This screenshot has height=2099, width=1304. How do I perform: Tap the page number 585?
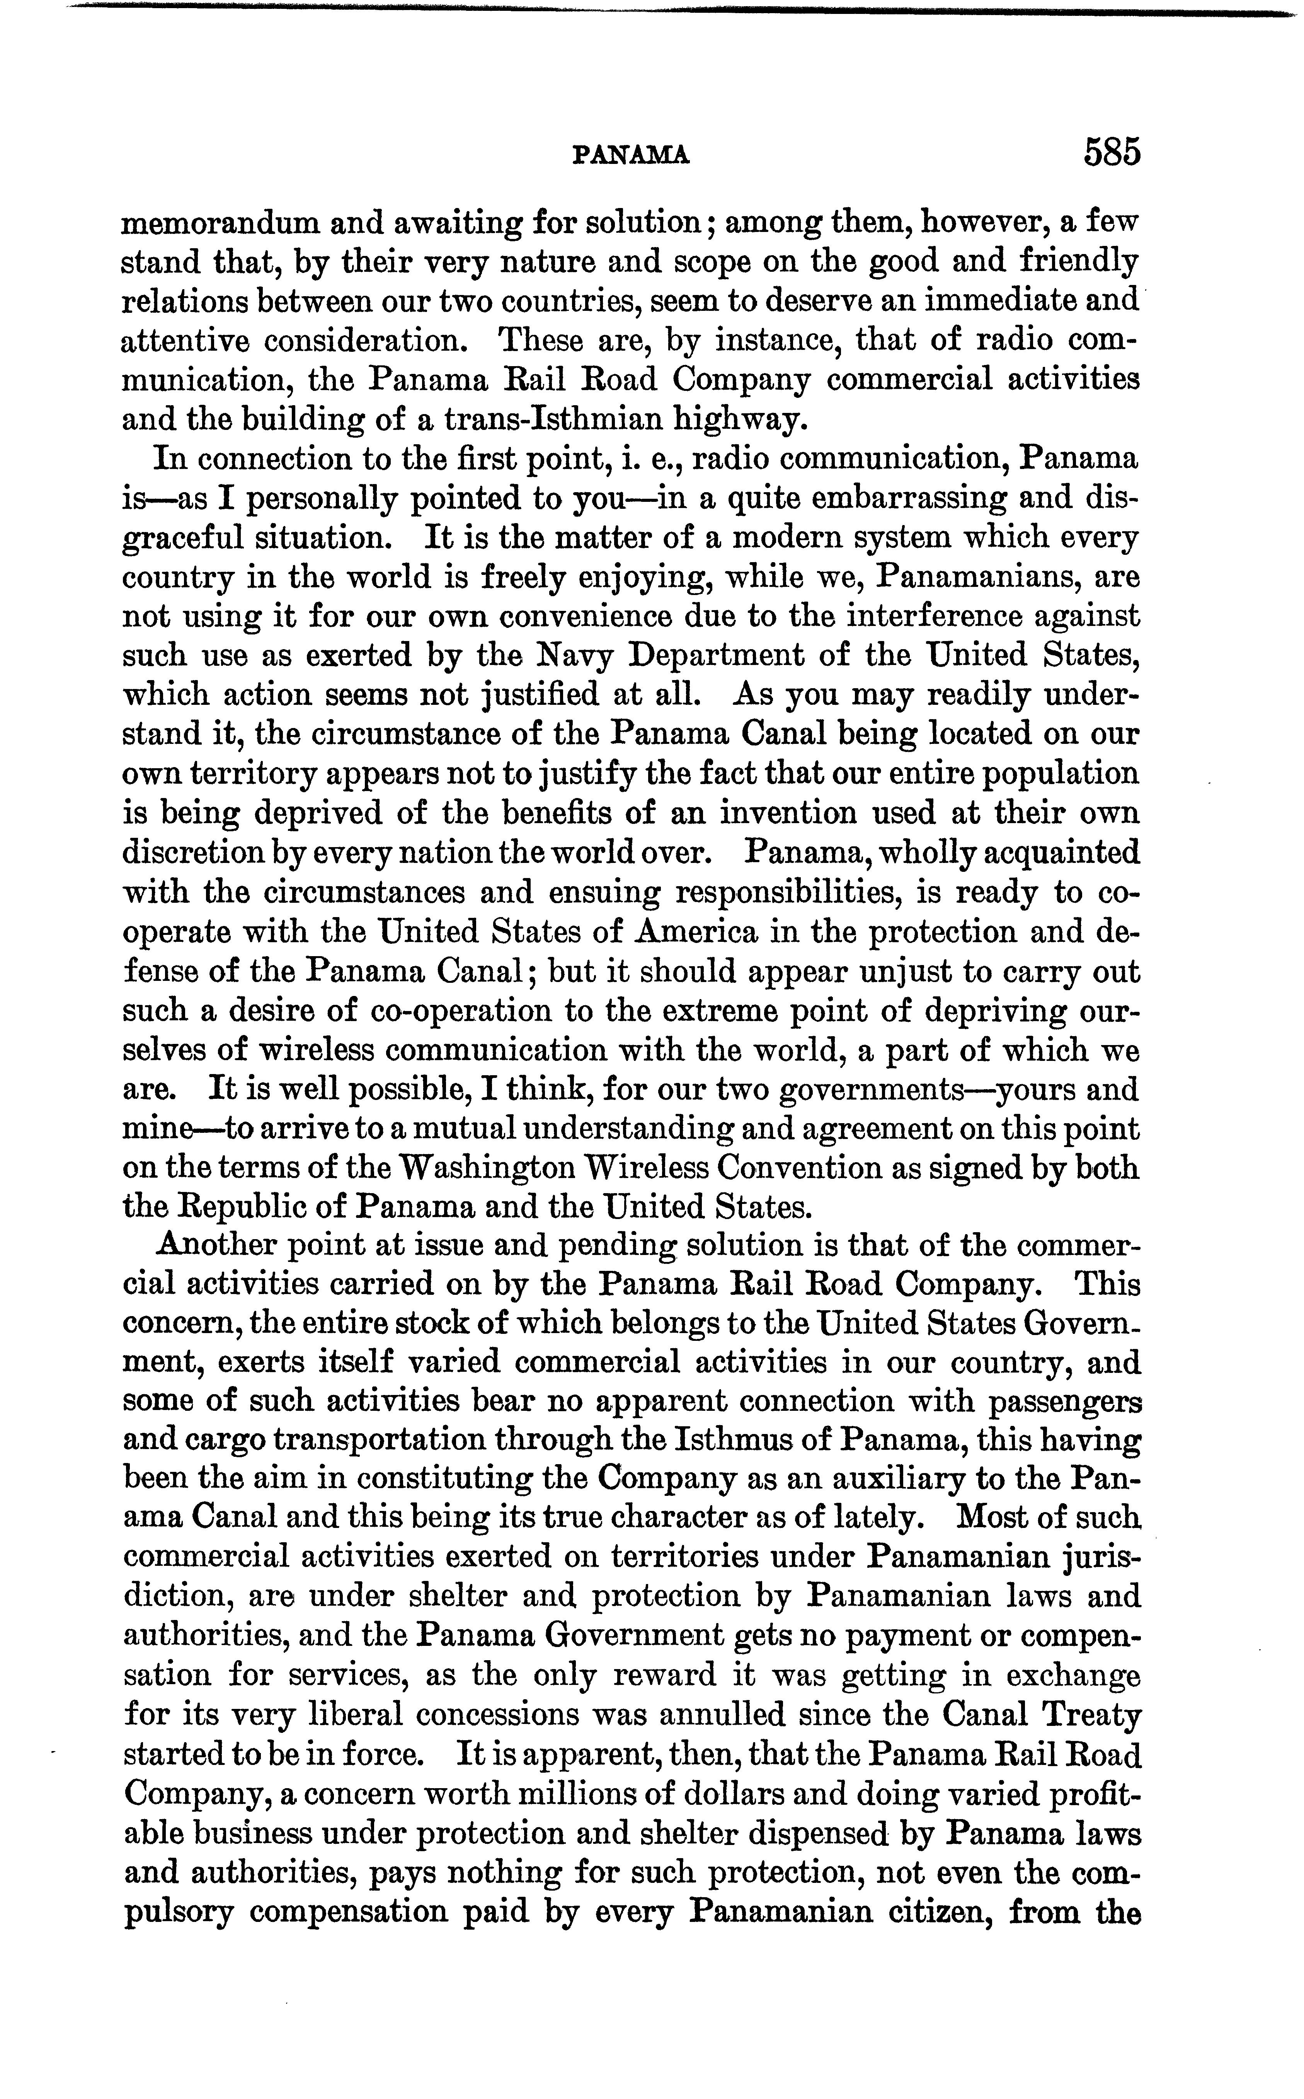pyautogui.click(x=1113, y=152)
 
